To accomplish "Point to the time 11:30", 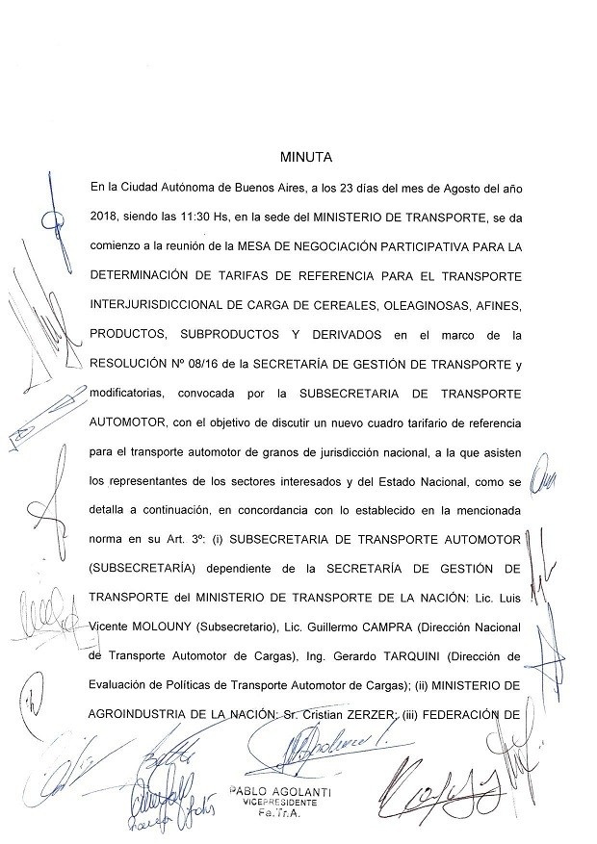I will [194, 218].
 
